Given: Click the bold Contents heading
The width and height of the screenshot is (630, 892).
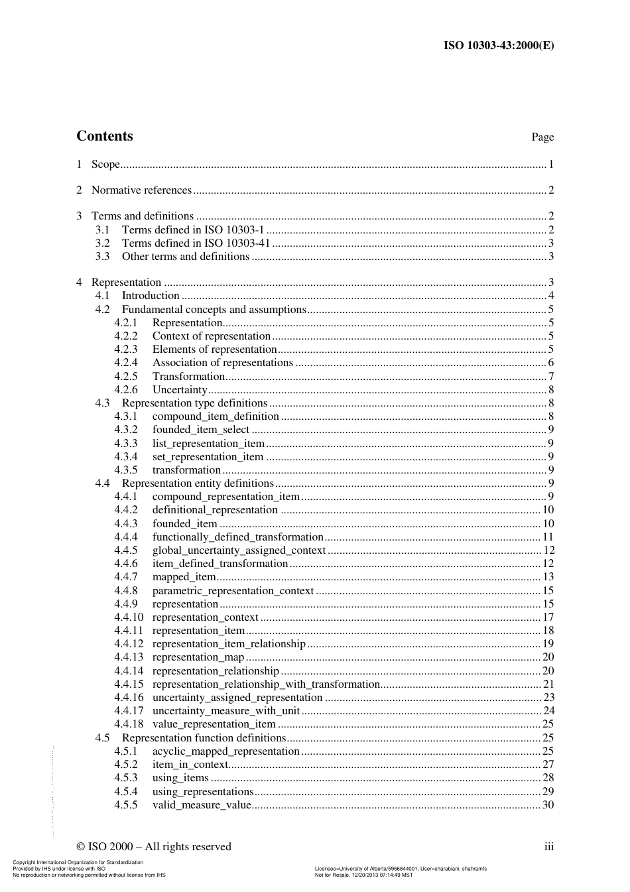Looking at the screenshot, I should (105, 136).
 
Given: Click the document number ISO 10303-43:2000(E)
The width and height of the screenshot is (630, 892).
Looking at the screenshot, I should (498, 46).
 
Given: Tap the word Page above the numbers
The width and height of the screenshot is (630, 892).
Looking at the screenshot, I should (542, 137).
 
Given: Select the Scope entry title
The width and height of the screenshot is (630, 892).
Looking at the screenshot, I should (105, 164).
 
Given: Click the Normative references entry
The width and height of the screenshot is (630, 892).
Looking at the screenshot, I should (141, 190).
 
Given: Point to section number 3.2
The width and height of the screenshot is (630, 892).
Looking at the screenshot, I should (102, 243).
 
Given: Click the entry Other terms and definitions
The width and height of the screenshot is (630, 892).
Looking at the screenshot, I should (186, 257).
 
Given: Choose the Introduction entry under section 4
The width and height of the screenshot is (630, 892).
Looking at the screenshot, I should (151, 296).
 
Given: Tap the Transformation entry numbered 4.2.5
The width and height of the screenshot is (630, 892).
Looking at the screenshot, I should (188, 377).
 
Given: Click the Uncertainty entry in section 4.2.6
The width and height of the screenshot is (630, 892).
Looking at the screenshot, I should (180, 390).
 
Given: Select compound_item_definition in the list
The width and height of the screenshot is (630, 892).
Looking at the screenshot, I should (216, 416).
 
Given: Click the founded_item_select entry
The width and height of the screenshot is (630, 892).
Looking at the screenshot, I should (201, 430).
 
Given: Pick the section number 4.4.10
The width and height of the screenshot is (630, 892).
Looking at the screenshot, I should (128, 617).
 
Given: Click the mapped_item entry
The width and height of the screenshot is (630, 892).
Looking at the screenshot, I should (184, 577).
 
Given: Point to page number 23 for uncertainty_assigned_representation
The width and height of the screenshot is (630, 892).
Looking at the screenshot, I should (548, 698).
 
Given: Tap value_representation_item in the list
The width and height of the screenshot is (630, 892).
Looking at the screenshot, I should (214, 724).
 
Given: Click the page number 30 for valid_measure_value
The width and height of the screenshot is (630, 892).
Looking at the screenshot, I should (548, 805).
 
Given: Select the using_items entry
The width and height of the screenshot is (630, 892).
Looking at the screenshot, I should (180, 778).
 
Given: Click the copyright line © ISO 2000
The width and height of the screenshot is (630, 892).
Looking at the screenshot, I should (154, 847).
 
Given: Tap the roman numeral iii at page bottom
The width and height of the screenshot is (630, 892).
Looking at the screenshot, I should (548, 847).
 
